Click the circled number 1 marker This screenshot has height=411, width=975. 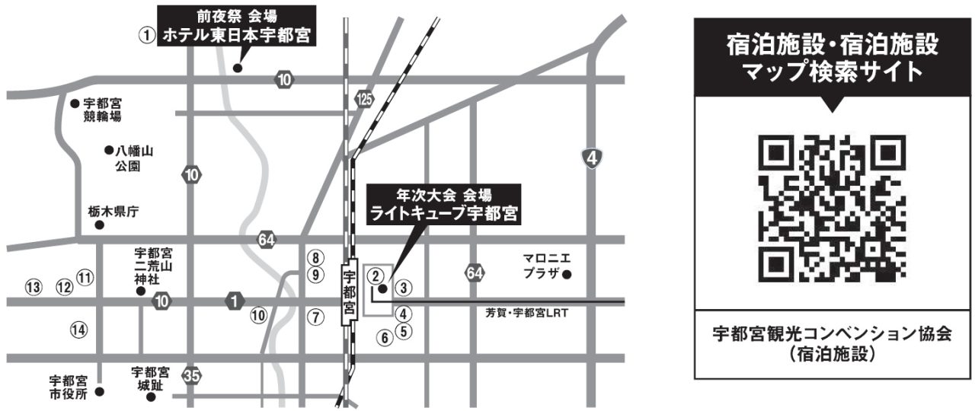147,35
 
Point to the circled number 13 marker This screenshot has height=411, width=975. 32,287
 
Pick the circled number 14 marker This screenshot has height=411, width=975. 79,330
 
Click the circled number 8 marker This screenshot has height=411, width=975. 316,258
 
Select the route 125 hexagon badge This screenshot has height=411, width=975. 365,99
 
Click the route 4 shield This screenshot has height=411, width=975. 593,158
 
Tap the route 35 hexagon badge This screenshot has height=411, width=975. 192,376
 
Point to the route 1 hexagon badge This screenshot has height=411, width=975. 234,301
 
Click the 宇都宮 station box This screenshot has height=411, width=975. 349,293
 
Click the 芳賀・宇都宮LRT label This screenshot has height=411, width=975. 527,313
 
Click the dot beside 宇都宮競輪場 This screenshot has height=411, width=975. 75,103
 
